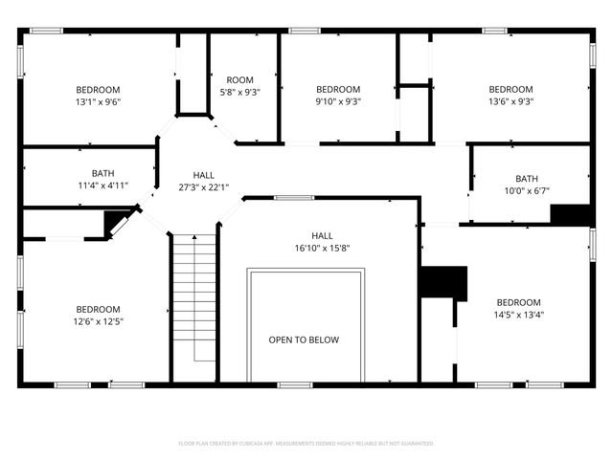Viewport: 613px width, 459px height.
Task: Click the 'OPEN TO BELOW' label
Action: (303, 339)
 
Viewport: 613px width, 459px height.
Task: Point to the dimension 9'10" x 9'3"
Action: (338, 101)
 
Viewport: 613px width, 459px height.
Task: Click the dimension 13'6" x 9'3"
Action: (511, 101)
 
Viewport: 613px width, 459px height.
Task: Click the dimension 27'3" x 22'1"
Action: (203, 187)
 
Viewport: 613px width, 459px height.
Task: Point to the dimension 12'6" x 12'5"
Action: (99, 321)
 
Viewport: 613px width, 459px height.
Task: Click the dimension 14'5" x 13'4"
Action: (517, 315)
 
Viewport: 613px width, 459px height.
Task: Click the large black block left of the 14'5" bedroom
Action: (443, 283)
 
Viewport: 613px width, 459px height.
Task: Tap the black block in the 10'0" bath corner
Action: (570, 214)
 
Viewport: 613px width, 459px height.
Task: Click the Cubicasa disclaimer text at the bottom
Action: (306, 443)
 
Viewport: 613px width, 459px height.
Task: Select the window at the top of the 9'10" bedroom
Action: (305, 31)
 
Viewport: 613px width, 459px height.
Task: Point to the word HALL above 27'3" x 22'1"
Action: (203, 175)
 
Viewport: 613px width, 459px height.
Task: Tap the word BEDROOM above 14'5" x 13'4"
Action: (517, 302)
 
